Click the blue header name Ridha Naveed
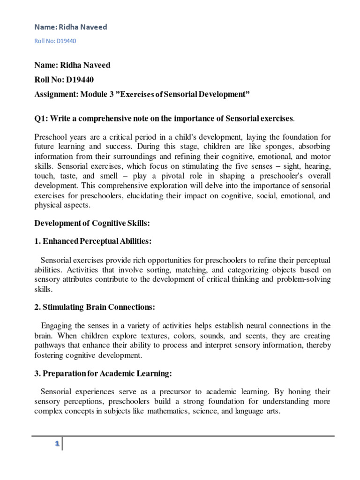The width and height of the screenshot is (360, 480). pyautogui.click(x=71, y=27)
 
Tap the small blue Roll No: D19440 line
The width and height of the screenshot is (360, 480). pyautogui.click(x=55, y=41)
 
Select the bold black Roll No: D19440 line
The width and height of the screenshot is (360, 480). pyautogui.click(x=67, y=80)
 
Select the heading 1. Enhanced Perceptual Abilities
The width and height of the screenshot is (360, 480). pyautogui.click(x=93, y=241)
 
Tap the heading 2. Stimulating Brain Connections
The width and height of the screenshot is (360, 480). pyautogui.click(x=95, y=307)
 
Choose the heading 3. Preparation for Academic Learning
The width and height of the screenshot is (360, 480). pyautogui.click(x=104, y=373)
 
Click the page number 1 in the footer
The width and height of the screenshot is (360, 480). pyautogui.click(x=57, y=443)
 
